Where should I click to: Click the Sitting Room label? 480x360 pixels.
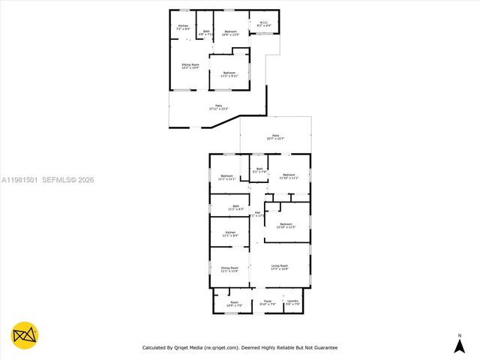point(190,66)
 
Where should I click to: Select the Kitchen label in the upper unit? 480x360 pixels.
point(183,28)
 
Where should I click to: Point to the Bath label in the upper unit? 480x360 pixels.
point(206,32)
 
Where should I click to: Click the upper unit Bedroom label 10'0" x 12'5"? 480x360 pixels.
point(230,32)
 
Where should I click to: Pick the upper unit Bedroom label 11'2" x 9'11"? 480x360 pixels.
point(229,73)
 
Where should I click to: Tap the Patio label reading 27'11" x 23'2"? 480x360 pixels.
point(218,107)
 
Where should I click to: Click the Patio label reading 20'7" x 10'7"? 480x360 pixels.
point(276,137)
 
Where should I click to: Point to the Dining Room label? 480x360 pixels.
point(229,269)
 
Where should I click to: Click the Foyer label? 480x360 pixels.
point(267,303)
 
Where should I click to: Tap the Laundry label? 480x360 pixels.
point(292,303)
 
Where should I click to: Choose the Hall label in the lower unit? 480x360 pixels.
point(257,214)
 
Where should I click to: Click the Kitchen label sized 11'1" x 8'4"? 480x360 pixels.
point(230,233)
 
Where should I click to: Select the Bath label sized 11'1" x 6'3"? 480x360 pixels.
point(235,208)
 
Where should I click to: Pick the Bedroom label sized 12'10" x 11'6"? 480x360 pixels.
point(286,226)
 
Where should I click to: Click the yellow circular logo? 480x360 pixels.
point(25,335)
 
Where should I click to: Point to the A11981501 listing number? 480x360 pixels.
point(20,180)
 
